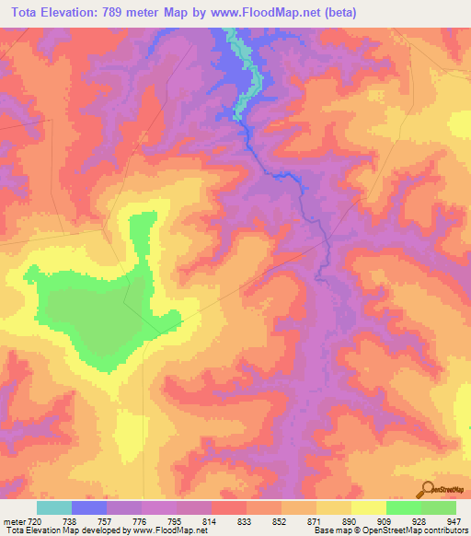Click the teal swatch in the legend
tap(53, 507)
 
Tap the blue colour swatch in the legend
tap(88, 507)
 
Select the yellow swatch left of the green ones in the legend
tap(368, 507)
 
